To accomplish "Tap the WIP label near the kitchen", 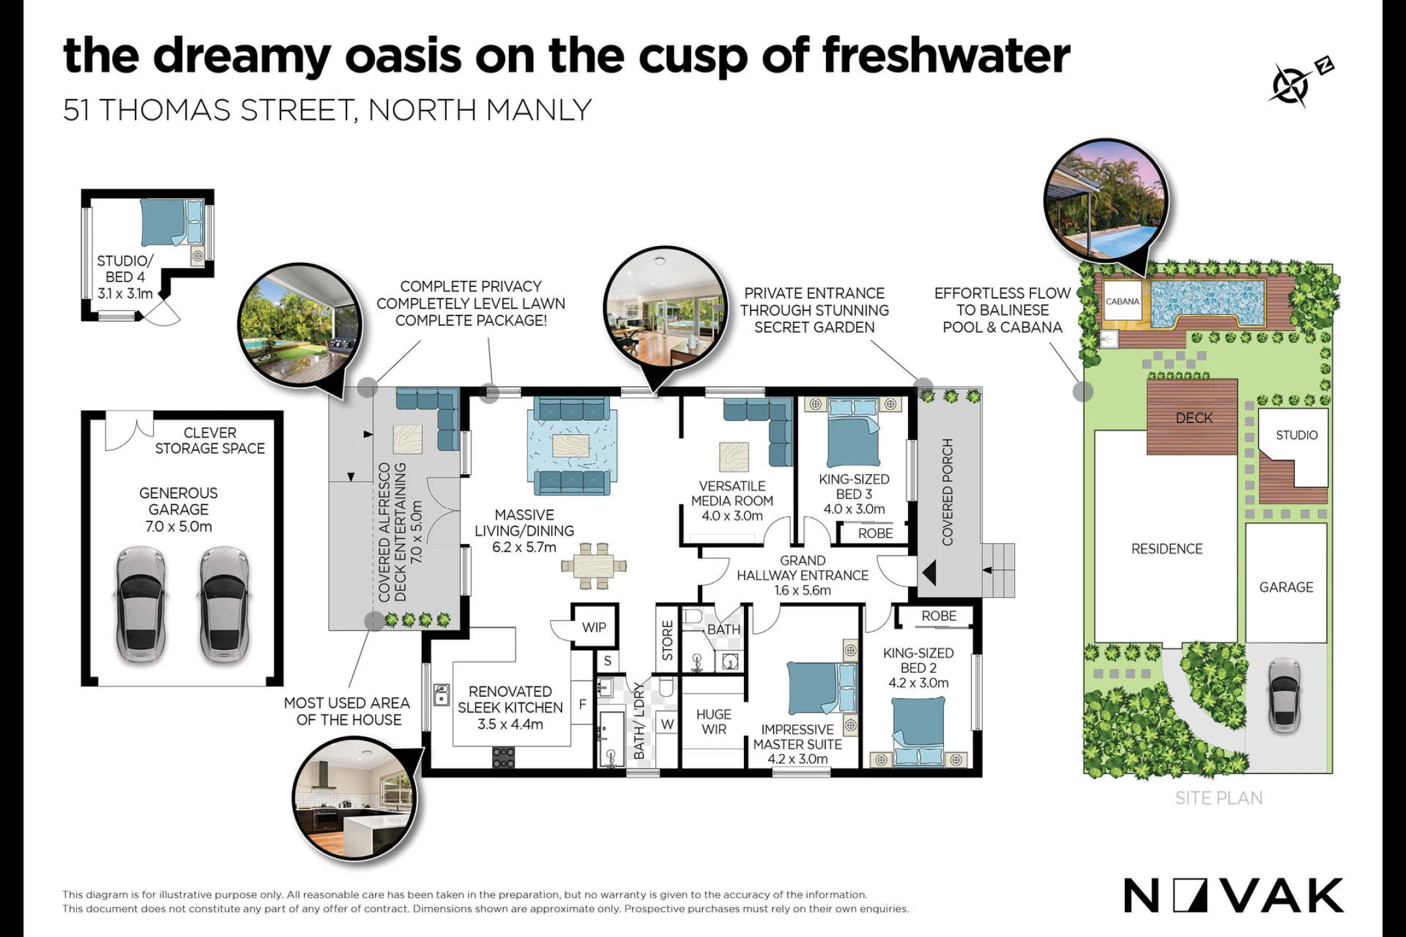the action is [x=594, y=627].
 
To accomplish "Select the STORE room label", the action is [x=667, y=640].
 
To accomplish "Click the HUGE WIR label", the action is [x=714, y=722].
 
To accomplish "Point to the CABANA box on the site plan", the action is [x=1123, y=301].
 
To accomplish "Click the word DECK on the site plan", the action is [x=1194, y=418].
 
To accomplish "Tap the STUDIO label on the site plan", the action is [x=1297, y=435].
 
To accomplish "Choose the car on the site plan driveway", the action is [x=1284, y=696].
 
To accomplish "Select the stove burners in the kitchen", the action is [x=503, y=757].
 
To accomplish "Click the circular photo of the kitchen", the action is [x=355, y=798].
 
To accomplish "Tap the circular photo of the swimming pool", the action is [x=1106, y=201].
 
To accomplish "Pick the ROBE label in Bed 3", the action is [x=875, y=534].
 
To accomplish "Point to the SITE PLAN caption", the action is [x=1219, y=798].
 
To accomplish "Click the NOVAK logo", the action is [x=1234, y=895].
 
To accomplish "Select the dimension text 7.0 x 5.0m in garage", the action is [x=178, y=526].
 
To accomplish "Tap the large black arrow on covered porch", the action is [x=929, y=573].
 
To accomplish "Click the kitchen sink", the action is [x=441, y=695].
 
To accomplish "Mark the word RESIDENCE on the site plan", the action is [x=1167, y=549].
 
